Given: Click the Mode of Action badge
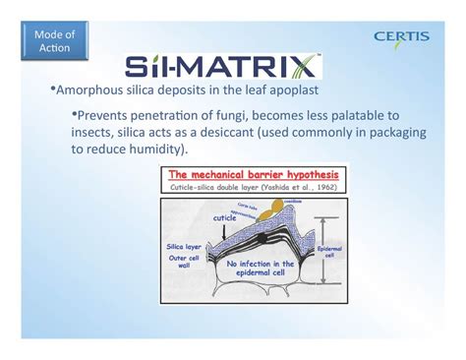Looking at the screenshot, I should [54, 41].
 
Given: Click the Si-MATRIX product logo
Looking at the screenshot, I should [222, 67].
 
